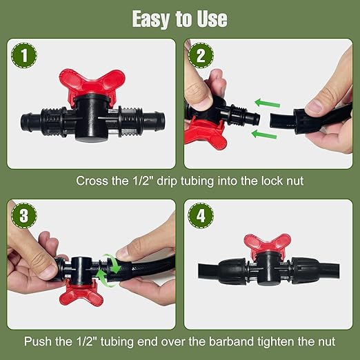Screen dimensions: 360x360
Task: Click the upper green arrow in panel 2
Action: tap(269, 103)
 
